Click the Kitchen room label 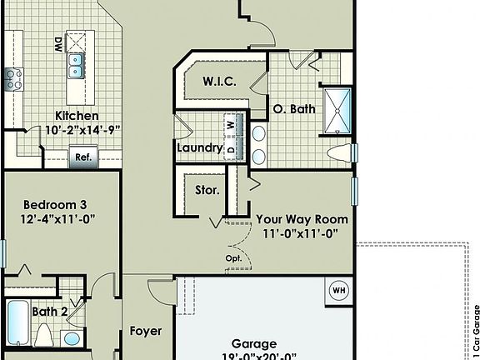coord(77,116)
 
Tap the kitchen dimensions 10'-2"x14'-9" coord(77,130)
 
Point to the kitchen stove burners coord(13,80)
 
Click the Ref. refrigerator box coord(83,157)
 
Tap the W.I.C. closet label coord(221,82)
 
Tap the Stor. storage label coord(207,190)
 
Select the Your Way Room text coord(302,219)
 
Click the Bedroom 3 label coord(55,204)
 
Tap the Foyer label coord(146,331)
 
